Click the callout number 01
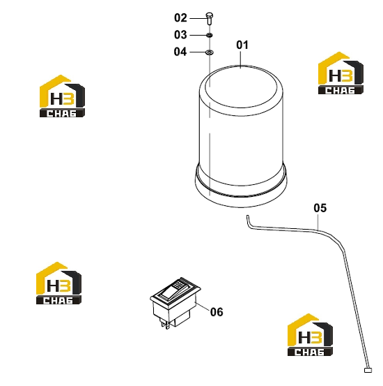coord(242,45)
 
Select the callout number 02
coord(180,18)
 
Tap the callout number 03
coord(180,35)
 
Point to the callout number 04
coord(180,52)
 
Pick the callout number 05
coord(320,208)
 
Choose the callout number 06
coord(217,312)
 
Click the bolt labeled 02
coord(210,18)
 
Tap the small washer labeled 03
coord(210,35)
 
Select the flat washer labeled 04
coord(210,52)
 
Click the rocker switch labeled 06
coord(175,302)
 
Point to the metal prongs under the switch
coord(165,324)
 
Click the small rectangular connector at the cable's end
coord(368,370)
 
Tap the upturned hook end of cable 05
coord(248,220)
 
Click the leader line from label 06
coord(203,306)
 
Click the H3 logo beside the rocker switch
coord(58,283)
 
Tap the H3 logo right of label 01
coord(341,73)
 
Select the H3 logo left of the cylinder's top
coord(62,96)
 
